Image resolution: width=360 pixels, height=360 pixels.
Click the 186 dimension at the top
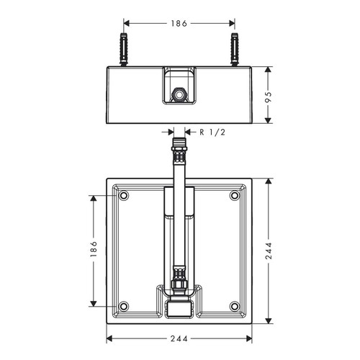179,23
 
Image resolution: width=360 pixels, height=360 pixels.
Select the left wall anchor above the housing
123,49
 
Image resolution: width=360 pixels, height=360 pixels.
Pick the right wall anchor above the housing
235,49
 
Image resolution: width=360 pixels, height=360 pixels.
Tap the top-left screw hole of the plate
123,195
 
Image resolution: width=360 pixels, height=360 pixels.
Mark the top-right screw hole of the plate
235,195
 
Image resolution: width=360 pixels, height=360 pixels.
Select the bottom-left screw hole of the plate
123,306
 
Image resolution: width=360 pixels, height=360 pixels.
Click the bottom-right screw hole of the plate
235,306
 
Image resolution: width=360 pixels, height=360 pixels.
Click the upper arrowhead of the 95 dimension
269,71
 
